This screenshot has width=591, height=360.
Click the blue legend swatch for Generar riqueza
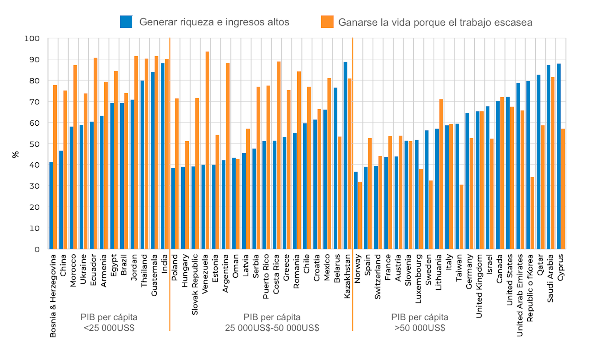point(126,22)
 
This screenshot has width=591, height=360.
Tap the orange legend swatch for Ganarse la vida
point(327,22)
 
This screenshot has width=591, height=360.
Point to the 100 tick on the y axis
point(32,38)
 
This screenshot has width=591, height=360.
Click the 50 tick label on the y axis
point(34,144)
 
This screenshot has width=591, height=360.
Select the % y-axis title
point(15,155)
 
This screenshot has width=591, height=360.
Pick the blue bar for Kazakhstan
point(345,156)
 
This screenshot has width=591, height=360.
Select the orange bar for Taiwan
point(461,217)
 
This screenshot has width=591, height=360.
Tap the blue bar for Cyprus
point(559,156)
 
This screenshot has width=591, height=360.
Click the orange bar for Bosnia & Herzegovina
point(55,167)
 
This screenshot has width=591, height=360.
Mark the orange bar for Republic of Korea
point(532,213)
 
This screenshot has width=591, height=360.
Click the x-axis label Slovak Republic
point(195,284)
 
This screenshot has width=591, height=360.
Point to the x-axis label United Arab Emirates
point(520,295)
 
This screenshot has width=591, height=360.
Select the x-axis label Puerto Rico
point(266,276)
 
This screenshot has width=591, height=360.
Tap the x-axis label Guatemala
point(154,275)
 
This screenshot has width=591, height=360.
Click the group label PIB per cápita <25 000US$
point(109,322)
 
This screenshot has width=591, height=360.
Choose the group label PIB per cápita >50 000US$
point(420,322)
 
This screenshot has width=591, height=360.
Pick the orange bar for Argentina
point(228,156)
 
